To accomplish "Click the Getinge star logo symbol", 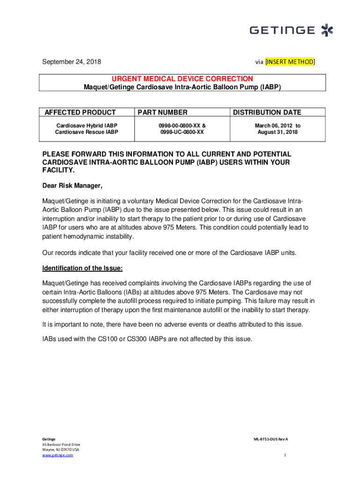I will (x=327, y=31).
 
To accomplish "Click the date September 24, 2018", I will (x=72, y=62).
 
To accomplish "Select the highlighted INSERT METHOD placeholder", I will (x=290, y=62).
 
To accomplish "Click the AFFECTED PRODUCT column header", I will (x=80, y=112).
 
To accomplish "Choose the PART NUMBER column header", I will (x=162, y=112).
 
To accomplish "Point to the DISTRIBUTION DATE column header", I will (x=267, y=112).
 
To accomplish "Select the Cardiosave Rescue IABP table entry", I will (x=86, y=132).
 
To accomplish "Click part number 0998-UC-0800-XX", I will (x=182, y=132).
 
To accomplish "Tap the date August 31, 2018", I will (x=277, y=132).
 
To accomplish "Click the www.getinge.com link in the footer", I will (x=58, y=455).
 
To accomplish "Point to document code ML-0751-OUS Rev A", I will (x=271, y=439).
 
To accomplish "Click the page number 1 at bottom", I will (x=284, y=455).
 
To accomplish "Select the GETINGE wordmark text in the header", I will (x=282, y=30).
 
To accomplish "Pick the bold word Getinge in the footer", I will (x=49, y=439).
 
